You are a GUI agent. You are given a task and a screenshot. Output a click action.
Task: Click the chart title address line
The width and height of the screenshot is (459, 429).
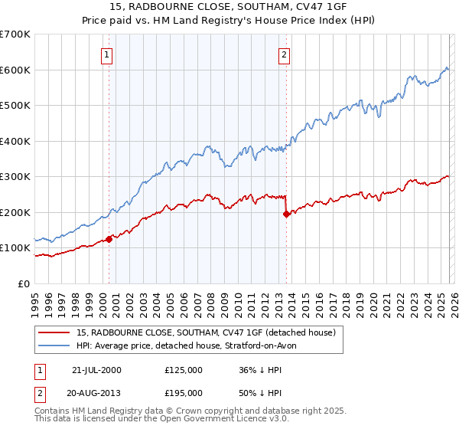[229, 7]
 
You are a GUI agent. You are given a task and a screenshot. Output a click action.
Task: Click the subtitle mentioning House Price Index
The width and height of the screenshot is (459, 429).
[229, 21]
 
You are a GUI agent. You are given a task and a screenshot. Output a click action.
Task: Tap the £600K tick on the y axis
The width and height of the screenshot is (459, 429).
[15, 70]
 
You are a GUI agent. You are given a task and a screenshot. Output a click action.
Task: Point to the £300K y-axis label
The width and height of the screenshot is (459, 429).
[15, 177]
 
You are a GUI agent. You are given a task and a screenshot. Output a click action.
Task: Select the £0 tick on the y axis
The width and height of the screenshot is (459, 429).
[24, 284]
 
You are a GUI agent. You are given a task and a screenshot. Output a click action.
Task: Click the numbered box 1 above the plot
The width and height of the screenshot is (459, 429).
[106, 54]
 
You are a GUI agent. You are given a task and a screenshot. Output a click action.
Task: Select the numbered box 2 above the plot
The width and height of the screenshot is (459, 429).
[284, 54]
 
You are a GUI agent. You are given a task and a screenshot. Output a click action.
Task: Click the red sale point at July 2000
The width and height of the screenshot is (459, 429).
[109, 239]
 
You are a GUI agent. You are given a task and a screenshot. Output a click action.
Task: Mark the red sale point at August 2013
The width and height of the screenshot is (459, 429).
[286, 215]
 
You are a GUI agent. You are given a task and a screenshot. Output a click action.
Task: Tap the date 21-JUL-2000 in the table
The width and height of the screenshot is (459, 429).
[96, 370]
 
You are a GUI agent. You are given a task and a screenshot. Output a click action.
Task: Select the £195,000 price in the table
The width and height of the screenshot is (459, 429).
[184, 392]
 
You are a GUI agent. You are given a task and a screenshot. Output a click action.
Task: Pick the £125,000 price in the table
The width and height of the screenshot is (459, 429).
[184, 370]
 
